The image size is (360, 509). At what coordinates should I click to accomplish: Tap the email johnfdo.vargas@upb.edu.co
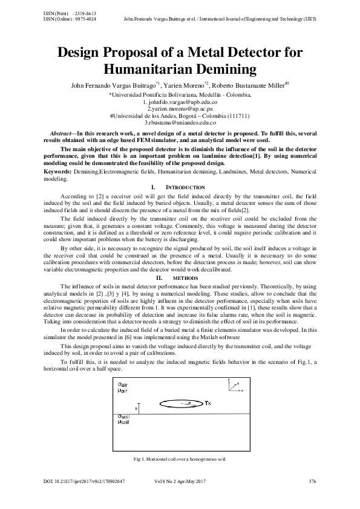[180, 102]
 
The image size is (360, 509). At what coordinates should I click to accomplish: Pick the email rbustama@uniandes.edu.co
[180, 122]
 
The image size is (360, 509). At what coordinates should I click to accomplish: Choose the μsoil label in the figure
[123, 422]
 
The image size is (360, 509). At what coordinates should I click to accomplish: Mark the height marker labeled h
[137, 409]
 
